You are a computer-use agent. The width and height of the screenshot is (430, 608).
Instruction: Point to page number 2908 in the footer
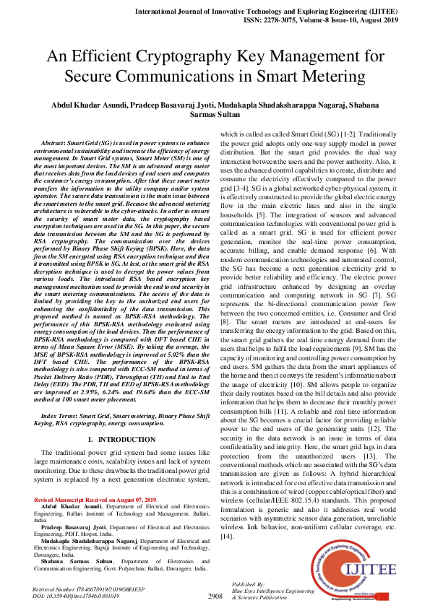click(x=215, y=596)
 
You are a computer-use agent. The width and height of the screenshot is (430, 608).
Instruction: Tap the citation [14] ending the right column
click(x=228, y=537)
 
